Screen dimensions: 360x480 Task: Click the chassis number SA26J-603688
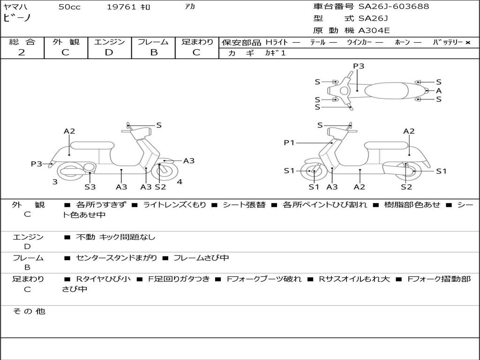point(394,7)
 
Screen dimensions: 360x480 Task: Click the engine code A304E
point(374,31)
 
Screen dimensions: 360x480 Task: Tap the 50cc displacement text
point(69,7)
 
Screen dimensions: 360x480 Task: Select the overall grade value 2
point(22,52)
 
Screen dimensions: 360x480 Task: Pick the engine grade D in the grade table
point(109,52)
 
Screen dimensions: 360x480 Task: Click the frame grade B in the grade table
point(153,52)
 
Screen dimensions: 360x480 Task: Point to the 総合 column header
point(22,42)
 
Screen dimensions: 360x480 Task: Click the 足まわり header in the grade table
point(197,42)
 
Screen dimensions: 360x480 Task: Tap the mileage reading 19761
point(121,7)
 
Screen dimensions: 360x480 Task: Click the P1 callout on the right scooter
point(289,142)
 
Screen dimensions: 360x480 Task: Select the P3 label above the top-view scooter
point(359,66)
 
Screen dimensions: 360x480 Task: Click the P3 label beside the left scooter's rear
point(36,164)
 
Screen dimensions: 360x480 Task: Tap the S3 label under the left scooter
point(90,187)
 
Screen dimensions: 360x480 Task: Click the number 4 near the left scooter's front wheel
point(180,182)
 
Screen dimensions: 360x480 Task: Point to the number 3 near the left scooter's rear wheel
point(55,182)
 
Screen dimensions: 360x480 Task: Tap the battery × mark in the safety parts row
point(467,42)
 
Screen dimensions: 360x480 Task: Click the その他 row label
point(29,311)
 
